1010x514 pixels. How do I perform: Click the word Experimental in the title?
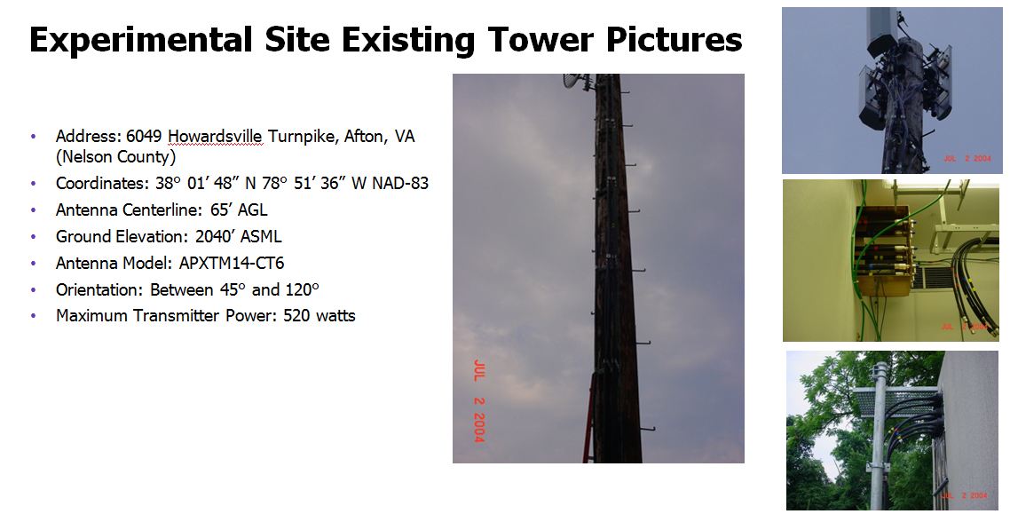pyautogui.click(x=140, y=40)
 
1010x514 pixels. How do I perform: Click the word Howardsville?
pyautogui.click(x=215, y=137)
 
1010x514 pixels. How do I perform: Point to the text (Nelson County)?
pyautogui.click(x=116, y=156)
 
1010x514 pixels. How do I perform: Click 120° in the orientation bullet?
pyautogui.click(x=302, y=290)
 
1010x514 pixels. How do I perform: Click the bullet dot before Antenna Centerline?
pyautogui.click(x=34, y=210)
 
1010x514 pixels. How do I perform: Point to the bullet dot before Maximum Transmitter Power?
pyautogui.click(x=34, y=316)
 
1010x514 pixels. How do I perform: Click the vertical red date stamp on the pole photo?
pyautogui.click(x=478, y=400)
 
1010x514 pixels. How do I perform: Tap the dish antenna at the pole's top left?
pyautogui.click(x=577, y=81)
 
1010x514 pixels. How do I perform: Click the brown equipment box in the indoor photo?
pyautogui.click(x=882, y=250)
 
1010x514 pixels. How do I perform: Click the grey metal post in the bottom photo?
pyautogui.click(x=879, y=437)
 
